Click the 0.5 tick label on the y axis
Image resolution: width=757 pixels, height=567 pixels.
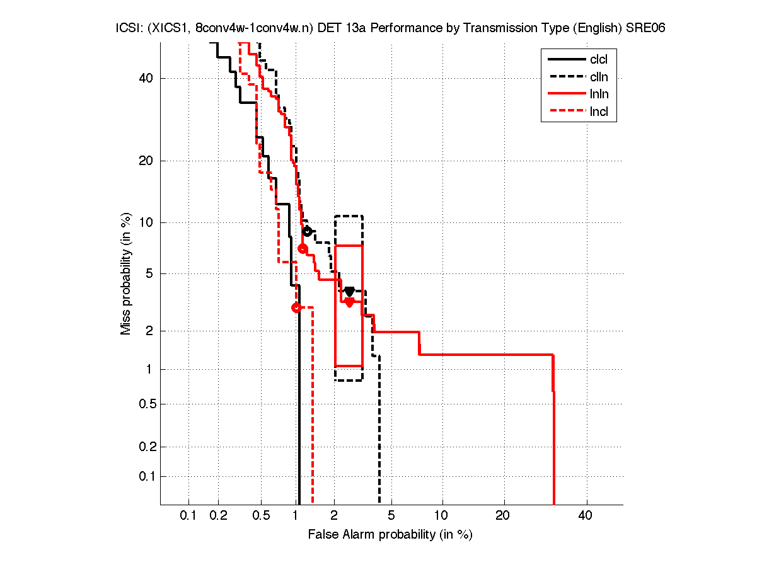[x=144, y=404]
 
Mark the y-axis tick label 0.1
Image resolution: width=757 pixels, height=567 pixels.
[x=144, y=476]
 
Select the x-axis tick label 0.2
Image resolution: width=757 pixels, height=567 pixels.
[x=219, y=516]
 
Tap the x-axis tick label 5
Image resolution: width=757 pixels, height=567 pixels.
[x=391, y=516]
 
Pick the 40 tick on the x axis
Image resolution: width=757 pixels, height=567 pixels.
[x=586, y=516]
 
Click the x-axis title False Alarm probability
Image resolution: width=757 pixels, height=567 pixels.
[x=390, y=535]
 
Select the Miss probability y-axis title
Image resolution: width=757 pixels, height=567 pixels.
[x=127, y=273]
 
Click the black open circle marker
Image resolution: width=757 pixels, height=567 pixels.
[x=307, y=231]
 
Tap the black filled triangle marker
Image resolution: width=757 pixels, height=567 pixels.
[x=349, y=291]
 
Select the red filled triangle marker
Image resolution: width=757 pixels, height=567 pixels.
[x=349, y=302]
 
